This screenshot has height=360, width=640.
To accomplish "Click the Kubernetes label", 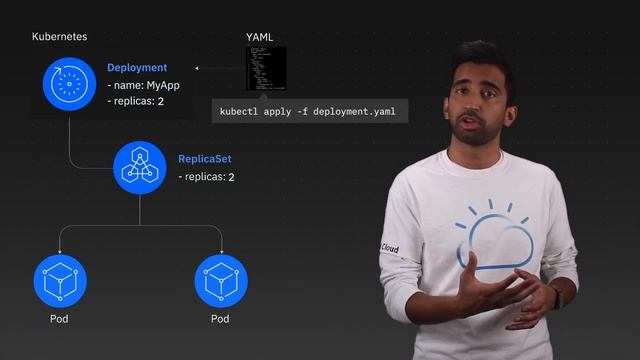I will click(59, 36).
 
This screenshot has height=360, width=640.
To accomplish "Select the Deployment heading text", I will click(137, 68).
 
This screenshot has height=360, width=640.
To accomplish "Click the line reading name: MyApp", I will click(142, 85).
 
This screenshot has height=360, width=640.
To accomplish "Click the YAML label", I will click(260, 38).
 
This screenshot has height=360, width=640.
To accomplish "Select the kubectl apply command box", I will click(310, 111).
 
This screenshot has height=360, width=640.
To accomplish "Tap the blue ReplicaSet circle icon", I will click(140, 167).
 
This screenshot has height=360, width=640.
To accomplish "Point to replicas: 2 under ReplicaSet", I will click(207, 177).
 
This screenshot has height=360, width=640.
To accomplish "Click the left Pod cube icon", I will click(60, 280).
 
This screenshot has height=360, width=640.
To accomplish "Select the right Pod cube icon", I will click(221, 280).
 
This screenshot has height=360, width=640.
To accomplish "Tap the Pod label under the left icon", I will click(60, 320).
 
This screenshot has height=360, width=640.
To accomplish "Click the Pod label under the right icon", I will click(220, 320).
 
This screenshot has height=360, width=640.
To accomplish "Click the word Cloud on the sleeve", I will click(389, 248).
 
